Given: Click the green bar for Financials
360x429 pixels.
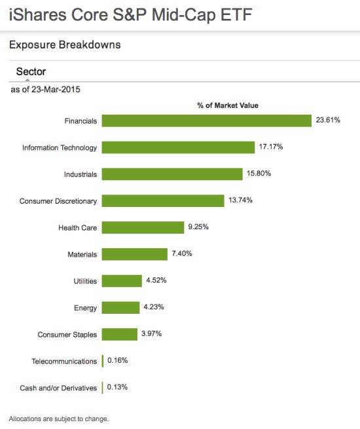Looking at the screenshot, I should (206, 121).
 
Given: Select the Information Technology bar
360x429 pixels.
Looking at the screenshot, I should (178, 147).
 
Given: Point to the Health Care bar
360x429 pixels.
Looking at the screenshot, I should (143, 227).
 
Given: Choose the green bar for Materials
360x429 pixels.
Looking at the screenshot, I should (135, 254).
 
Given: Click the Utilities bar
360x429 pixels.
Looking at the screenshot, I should (122, 281).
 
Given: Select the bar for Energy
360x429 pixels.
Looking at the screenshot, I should (120, 308).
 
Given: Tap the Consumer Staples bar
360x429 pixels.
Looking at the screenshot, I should (119, 334).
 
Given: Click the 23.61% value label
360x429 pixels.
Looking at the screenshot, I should (328, 121).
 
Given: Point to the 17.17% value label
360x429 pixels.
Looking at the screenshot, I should (271, 147).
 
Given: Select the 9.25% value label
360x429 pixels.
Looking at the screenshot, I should (198, 227).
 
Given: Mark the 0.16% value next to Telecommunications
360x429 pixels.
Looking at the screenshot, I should (117, 361).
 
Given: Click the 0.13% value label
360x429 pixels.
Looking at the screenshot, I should (117, 388).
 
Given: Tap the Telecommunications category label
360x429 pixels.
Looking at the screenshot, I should (64, 361).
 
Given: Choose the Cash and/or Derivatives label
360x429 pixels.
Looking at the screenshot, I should (58, 388).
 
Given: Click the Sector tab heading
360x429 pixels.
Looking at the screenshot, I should (31, 71).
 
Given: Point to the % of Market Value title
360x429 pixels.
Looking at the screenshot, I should (228, 105).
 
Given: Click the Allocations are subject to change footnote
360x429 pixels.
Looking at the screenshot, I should (58, 418).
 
